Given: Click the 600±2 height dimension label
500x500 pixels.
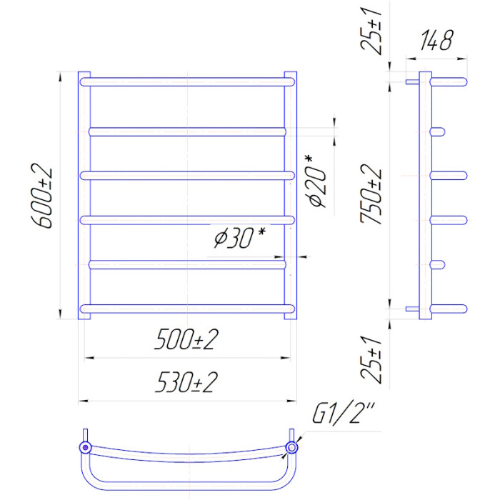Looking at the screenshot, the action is pyautogui.click(x=41, y=196).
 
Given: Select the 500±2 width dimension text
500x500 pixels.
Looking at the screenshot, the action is pyautogui.click(x=186, y=339).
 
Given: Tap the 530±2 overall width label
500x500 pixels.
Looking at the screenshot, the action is pyautogui.click(x=186, y=381).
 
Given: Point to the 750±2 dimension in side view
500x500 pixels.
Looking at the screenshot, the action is pyautogui.click(x=371, y=194).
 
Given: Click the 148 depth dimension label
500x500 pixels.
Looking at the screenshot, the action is pyautogui.click(x=436, y=41).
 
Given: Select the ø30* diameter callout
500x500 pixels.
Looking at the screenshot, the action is pyautogui.click(x=240, y=238).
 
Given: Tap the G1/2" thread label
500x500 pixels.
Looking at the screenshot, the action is pyautogui.click(x=343, y=414).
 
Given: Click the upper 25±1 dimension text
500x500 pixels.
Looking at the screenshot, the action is pyautogui.click(x=371, y=31).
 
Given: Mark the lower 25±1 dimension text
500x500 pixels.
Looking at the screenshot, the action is pyautogui.click(x=371, y=359).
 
